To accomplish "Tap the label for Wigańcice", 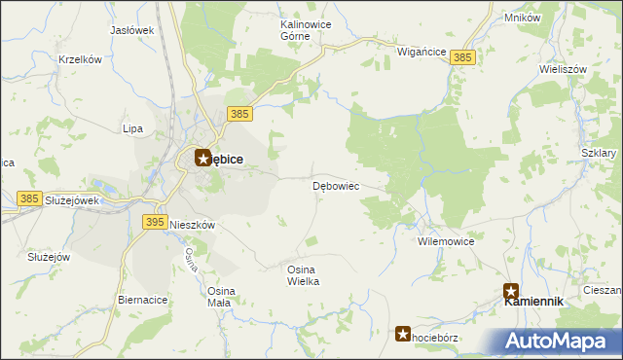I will tap(421, 52).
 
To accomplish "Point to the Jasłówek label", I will tap(132, 30).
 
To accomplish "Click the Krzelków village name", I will tap(81, 59).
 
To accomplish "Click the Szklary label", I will tap(599, 154).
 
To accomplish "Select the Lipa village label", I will tap(132, 128).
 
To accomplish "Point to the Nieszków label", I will tap(192, 224).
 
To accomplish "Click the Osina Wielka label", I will tap(304, 274).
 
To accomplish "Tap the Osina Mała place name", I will tap(219, 297).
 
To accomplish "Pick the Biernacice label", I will tap(142, 300).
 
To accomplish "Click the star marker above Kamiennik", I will tap(511, 290).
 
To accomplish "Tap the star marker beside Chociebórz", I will tap(403, 334).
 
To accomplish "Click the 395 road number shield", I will tap(154, 222).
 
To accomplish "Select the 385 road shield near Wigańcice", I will tap(463, 58).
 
